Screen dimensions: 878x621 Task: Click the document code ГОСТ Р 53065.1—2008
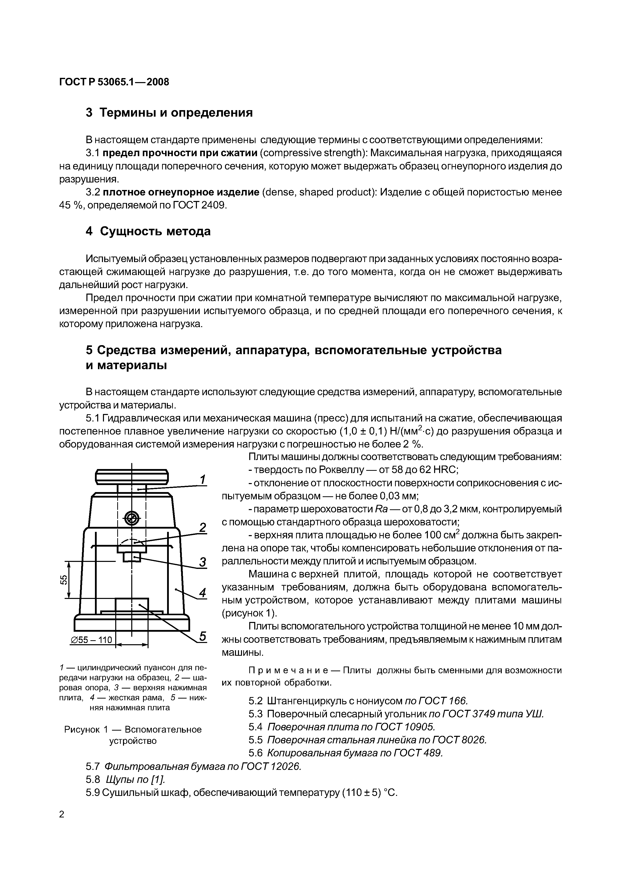(x=114, y=82)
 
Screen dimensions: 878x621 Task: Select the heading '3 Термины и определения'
(x=169, y=113)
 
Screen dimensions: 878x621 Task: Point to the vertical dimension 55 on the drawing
(x=64, y=580)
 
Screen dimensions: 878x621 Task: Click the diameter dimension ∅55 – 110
(x=91, y=640)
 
